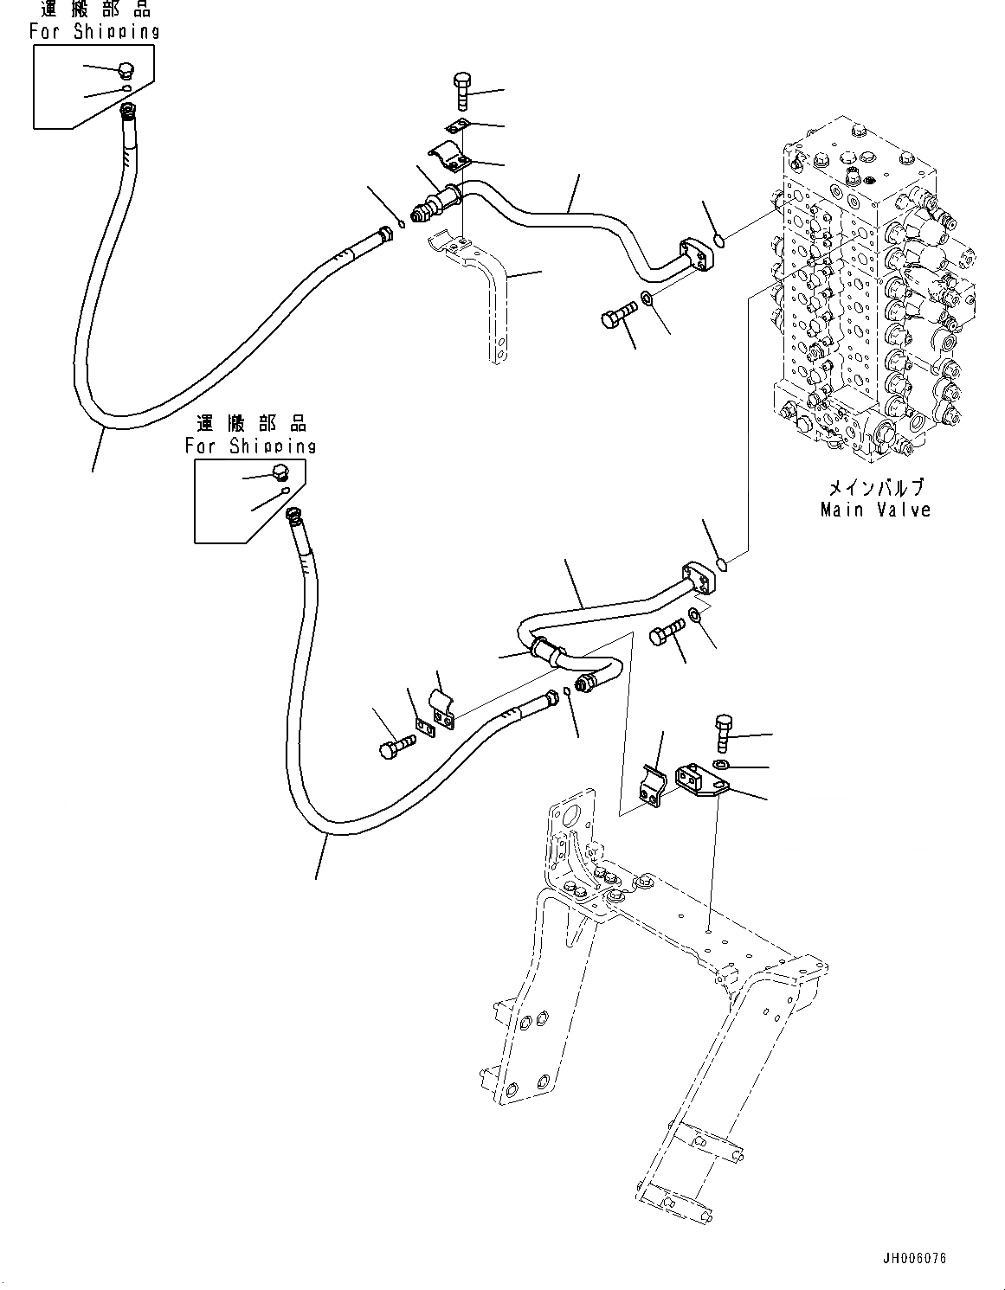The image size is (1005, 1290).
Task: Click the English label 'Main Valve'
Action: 875,510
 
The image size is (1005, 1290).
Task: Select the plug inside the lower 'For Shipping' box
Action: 280,472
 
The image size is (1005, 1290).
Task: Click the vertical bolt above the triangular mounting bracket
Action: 723,732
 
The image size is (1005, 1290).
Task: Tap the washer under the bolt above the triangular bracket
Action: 720,764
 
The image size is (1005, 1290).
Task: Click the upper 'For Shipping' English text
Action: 94,31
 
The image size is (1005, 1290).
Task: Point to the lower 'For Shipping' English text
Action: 250,446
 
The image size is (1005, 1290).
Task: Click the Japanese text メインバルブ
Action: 875,487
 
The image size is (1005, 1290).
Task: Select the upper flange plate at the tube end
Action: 698,254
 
